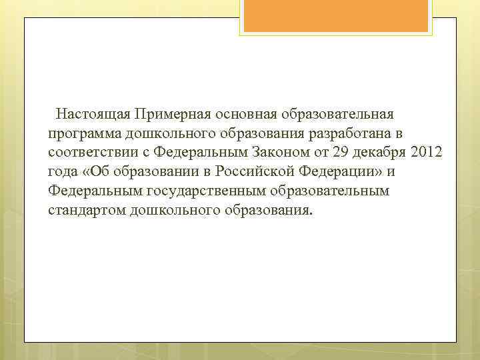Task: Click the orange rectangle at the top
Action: (336, 15)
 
